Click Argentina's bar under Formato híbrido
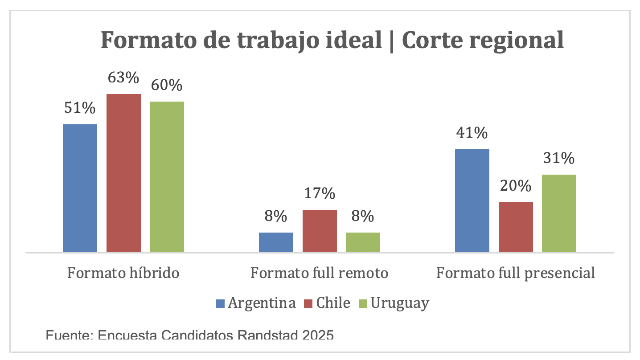pyautogui.click(x=80, y=188)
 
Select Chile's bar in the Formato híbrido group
pyautogui.click(x=124, y=173)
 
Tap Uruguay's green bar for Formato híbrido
pyautogui.click(x=167, y=177)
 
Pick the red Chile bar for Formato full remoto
pyautogui.click(x=320, y=231)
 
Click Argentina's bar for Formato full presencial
pyautogui.click(x=472, y=200)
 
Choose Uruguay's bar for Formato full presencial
pyautogui.click(x=559, y=213)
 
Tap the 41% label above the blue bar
pyautogui.click(x=472, y=133)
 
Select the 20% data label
pyautogui.click(x=516, y=186)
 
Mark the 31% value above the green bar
pyautogui.click(x=559, y=158)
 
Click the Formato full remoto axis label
pyautogui.click(x=319, y=273)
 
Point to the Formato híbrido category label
pyautogui.click(x=123, y=273)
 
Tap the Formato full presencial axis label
pyautogui.click(x=516, y=273)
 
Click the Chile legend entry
pyautogui.click(x=333, y=303)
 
